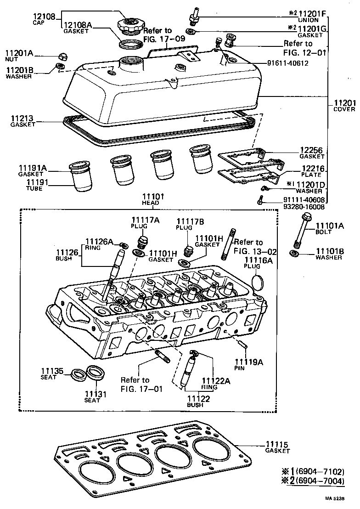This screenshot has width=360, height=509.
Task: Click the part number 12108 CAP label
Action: click(x=44, y=18)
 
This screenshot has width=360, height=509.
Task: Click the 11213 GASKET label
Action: click(x=23, y=121)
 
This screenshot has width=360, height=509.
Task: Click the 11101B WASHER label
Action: click(x=329, y=254)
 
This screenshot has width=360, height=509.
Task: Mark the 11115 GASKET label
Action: click(x=277, y=447)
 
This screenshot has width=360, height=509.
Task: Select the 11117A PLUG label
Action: click(x=145, y=223)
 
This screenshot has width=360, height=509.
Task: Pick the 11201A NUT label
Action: click(x=19, y=56)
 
